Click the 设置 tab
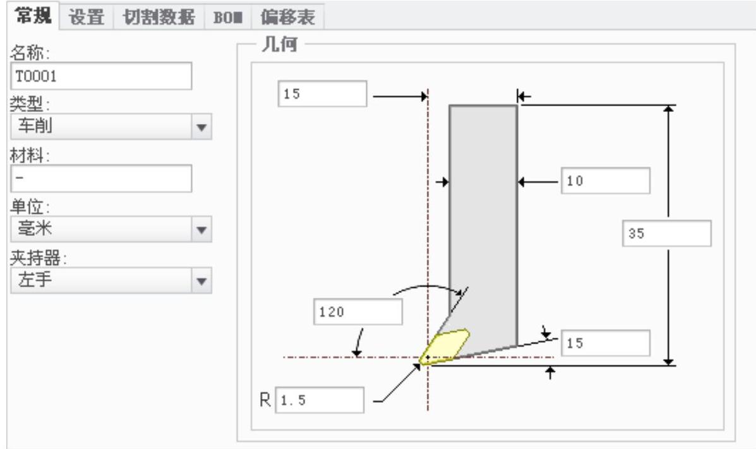point(87,16)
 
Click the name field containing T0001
point(101,76)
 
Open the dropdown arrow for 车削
point(201,126)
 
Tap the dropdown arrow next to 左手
point(201,280)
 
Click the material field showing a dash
point(101,179)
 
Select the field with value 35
point(666,233)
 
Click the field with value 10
point(604,181)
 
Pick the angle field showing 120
point(357,312)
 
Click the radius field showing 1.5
point(320,400)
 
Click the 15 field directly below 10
point(604,343)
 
